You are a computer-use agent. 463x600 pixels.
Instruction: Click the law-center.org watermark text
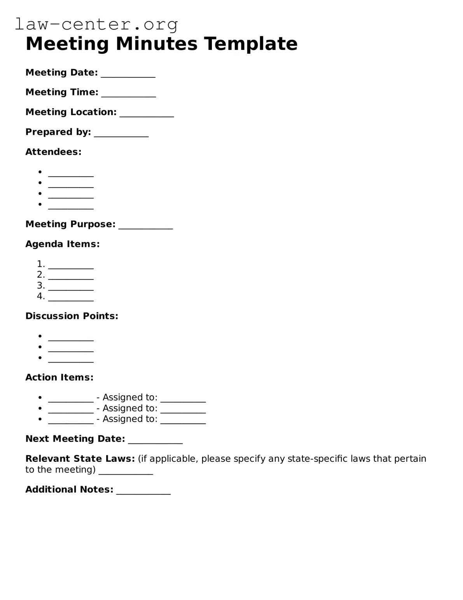(96, 24)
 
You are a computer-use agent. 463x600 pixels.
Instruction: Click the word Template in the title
(251, 43)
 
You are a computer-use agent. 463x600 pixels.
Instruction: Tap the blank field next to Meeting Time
(128, 95)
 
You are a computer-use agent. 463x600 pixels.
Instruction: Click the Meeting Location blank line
(147, 115)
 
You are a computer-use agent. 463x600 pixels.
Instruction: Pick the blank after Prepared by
(121, 135)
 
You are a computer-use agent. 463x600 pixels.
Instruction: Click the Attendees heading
(53, 152)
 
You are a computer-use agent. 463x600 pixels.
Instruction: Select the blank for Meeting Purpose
(145, 227)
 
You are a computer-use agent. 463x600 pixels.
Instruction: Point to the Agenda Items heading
(62, 244)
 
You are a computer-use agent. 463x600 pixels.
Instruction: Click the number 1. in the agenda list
(41, 264)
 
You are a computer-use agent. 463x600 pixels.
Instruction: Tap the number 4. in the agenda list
(41, 296)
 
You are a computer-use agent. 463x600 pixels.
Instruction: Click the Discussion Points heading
(72, 316)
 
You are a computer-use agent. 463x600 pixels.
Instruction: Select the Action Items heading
(59, 377)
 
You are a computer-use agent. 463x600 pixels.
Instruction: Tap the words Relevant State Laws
(80, 459)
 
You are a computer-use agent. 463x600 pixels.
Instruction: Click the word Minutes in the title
(156, 43)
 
